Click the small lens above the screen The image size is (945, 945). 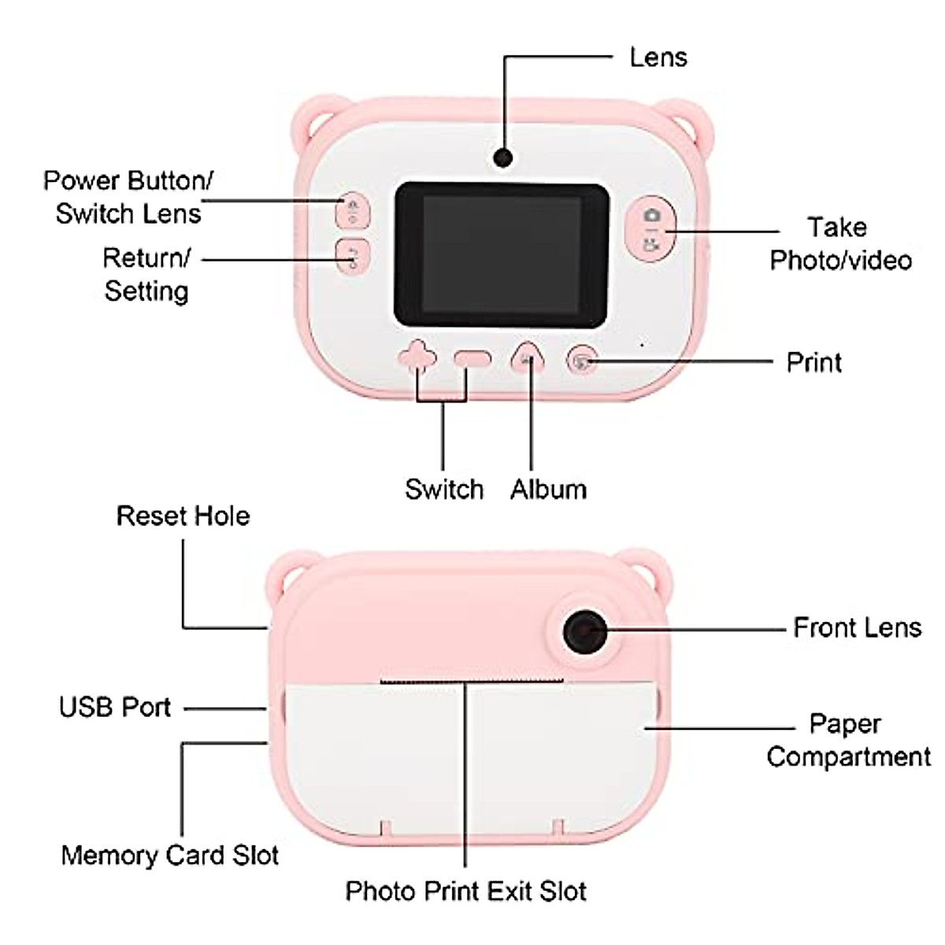tap(503, 157)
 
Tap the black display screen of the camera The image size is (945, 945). tap(502, 254)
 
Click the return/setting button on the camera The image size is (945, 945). tap(352, 256)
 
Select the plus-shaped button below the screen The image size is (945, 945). tap(417, 358)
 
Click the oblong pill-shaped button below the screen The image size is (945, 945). tap(472, 360)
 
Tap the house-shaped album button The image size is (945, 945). tap(529, 359)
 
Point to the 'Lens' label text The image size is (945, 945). tap(658, 57)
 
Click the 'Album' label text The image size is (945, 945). tap(548, 489)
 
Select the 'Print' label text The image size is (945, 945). tap(813, 362)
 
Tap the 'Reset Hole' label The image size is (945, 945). tap(183, 516)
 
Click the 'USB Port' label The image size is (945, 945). tap(115, 707)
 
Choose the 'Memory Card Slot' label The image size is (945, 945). tap(170, 855)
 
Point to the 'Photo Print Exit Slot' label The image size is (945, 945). tap(465, 891)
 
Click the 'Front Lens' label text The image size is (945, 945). tap(857, 628)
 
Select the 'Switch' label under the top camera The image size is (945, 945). tap(444, 489)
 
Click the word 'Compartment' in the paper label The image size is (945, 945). tap(848, 757)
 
